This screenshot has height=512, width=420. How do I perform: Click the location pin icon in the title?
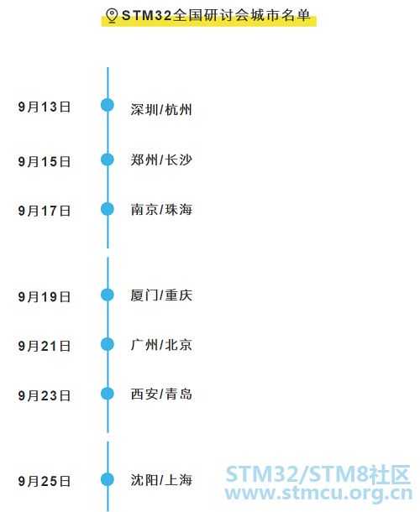click(112, 15)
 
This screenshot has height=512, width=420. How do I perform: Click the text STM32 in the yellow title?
click(146, 15)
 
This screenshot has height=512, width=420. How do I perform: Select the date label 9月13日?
click(45, 107)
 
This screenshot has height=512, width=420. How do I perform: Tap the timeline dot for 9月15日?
click(108, 159)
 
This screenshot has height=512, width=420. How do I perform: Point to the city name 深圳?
click(144, 110)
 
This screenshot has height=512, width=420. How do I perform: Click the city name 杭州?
click(178, 110)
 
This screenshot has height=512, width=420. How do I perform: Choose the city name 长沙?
click(178, 160)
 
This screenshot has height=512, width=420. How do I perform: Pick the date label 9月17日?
click(45, 211)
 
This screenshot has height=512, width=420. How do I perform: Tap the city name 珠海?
click(178, 210)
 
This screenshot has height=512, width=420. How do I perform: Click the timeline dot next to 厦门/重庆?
click(108, 295)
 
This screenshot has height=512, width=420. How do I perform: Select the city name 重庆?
click(178, 295)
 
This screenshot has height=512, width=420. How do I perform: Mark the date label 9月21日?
click(45, 346)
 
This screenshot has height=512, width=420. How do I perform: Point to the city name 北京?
click(178, 345)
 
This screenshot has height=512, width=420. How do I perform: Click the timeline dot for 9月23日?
click(108, 394)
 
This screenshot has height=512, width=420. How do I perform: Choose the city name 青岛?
click(178, 394)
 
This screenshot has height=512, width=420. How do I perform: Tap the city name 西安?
click(144, 394)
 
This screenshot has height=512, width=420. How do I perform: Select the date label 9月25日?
click(45, 481)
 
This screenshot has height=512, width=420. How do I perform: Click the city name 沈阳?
click(144, 480)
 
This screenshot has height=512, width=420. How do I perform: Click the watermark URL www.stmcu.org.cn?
click(318, 493)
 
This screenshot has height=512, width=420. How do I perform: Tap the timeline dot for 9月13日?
click(108, 105)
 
